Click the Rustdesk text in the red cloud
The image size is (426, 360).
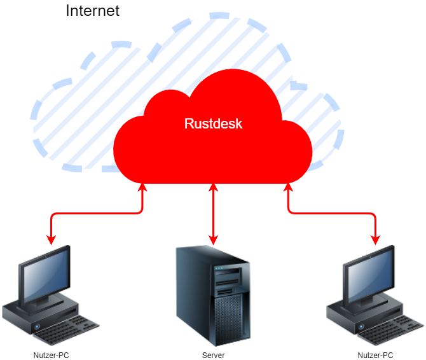213,123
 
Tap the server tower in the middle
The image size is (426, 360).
212,296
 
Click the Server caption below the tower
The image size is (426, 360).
213,356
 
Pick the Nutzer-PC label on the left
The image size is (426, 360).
51,356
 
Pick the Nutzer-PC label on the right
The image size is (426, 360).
376,356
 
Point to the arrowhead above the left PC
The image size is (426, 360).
51,240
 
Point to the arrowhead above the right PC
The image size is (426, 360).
376,240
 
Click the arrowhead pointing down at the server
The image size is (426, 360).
213,240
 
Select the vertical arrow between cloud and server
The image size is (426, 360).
213,213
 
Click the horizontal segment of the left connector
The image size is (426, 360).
95,214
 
